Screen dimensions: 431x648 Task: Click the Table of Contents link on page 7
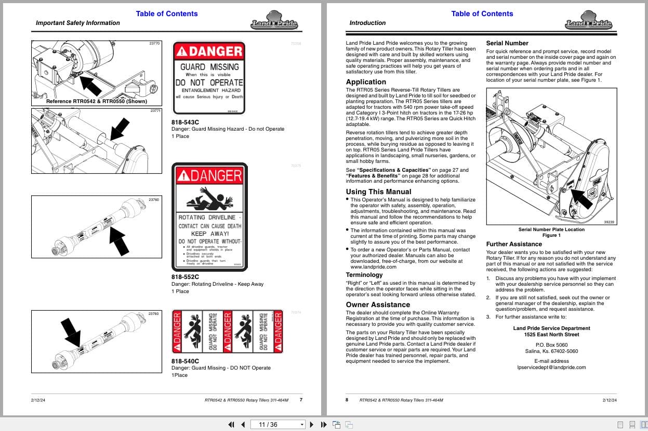(167, 14)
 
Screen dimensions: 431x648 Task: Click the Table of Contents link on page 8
(482, 14)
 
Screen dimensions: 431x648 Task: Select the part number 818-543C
(185, 122)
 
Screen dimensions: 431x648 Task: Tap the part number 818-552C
(185, 277)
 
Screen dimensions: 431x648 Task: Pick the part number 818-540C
(185, 361)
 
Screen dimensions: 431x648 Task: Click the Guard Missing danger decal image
(209, 78)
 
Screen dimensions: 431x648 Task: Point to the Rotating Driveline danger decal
(209, 217)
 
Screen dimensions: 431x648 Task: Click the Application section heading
(366, 82)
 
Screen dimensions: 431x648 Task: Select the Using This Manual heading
(378, 192)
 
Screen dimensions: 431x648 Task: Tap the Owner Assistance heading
(378, 305)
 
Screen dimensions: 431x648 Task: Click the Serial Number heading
(507, 43)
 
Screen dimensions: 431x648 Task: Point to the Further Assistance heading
(513, 244)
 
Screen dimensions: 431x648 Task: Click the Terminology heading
(364, 275)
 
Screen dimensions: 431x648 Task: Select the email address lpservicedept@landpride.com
(551, 367)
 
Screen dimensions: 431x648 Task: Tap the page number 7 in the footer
(301, 400)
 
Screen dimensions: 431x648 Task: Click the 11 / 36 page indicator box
(277, 424)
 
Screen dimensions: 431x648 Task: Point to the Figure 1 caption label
(551, 235)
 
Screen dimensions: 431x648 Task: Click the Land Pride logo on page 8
(588, 23)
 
